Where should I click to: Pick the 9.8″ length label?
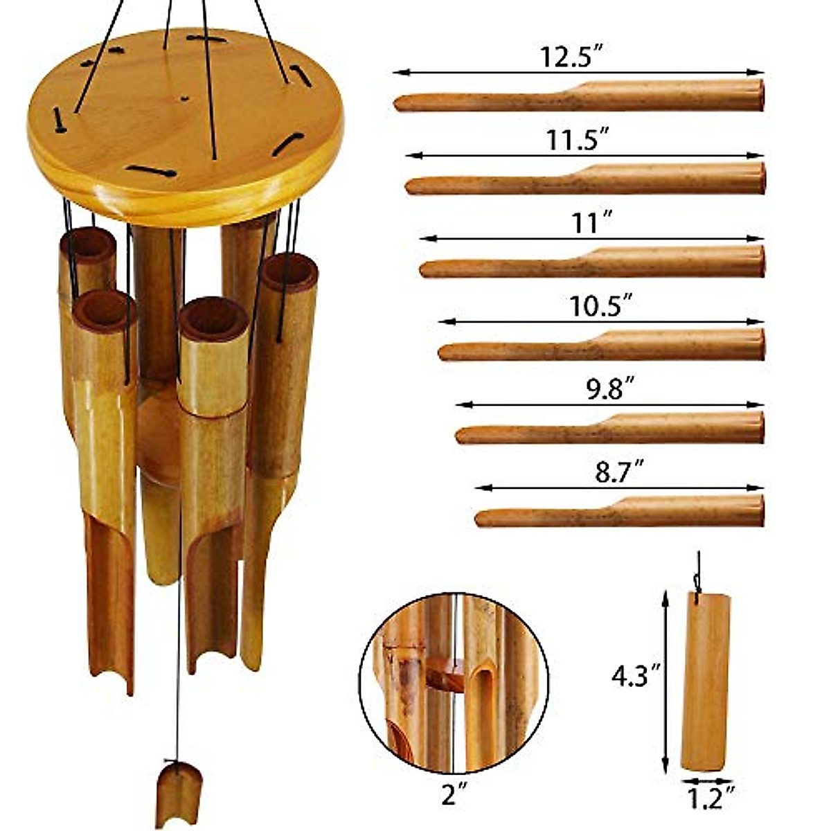[610, 391]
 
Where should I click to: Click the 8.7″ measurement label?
[618, 474]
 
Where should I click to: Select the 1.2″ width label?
[709, 800]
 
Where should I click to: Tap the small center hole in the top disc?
[184, 98]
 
